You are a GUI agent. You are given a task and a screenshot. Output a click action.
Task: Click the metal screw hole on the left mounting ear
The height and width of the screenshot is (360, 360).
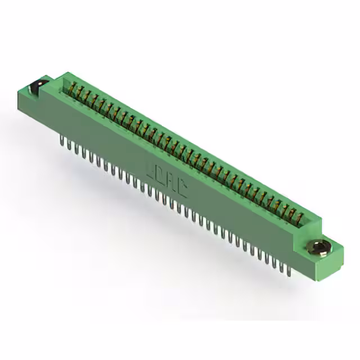click(x=37, y=86)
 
